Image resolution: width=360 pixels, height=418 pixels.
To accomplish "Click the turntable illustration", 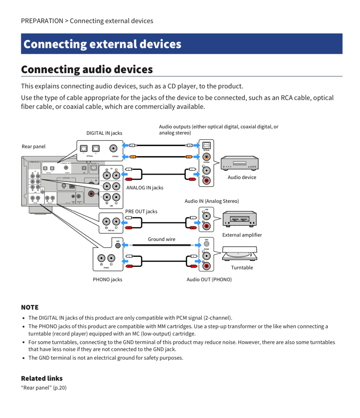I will (x=240, y=254).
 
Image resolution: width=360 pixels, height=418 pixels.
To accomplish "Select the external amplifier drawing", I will (x=240, y=219).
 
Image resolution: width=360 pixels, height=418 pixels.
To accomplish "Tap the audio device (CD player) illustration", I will (x=240, y=163).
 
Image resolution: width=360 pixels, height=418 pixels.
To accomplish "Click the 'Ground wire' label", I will (x=162, y=239).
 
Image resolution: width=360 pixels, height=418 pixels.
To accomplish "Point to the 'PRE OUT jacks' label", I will (x=141, y=211).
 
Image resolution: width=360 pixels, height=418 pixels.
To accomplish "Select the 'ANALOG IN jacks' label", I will (x=145, y=188).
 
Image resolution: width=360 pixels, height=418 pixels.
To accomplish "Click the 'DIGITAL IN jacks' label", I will (x=104, y=133).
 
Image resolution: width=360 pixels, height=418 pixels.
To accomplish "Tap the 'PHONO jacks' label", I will (x=107, y=279).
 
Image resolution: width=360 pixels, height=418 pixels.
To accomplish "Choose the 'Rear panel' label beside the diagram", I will (x=34, y=146).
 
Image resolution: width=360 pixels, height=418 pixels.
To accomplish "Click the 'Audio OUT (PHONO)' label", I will (x=209, y=279).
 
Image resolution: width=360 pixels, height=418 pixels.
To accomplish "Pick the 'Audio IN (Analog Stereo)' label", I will (x=212, y=201).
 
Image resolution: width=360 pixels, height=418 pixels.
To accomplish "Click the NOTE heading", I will (x=30, y=307).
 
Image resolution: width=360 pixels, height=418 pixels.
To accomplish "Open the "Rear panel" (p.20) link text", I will (x=44, y=388).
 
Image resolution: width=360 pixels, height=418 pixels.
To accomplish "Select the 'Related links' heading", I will (x=42, y=378).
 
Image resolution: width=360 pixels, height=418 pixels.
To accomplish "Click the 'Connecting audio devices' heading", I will (x=87, y=70).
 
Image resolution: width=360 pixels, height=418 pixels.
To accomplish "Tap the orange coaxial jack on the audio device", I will (x=207, y=157).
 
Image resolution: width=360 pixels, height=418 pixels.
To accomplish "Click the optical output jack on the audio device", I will (x=207, y=146).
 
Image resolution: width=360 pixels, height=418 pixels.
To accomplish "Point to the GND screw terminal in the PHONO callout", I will (x=118, y=246).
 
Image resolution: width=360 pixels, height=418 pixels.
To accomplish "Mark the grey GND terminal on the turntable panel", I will (x=207, y=244).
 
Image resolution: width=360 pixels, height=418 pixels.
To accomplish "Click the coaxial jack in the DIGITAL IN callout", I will (x=114, y=149).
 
